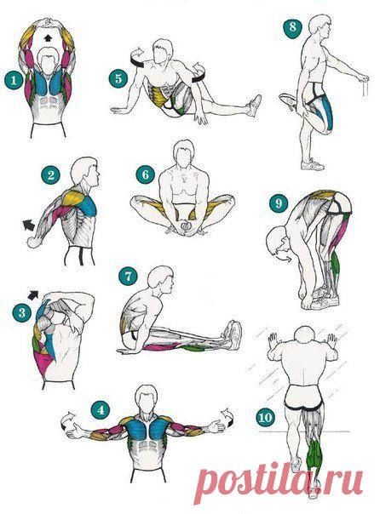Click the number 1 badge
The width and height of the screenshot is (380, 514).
(14, 80)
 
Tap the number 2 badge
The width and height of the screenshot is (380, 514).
(50, 175)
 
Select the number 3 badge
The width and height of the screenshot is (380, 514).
(22, 312)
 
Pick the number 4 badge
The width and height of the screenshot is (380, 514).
(101, 409)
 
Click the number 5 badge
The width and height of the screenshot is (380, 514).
(118, 78)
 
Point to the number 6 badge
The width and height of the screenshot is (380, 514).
(146, 174)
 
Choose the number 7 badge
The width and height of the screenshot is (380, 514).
(128, 276)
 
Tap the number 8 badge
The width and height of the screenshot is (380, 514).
(292, 26)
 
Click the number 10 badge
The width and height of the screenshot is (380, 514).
(265, 418)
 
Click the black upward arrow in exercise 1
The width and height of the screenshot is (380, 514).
(48, 37)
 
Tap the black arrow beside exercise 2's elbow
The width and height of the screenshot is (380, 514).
(29, 225)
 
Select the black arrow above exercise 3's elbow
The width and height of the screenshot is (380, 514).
(33, 294)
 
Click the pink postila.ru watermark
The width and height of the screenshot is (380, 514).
(279, 479)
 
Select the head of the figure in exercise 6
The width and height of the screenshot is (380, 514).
(184, 153)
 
